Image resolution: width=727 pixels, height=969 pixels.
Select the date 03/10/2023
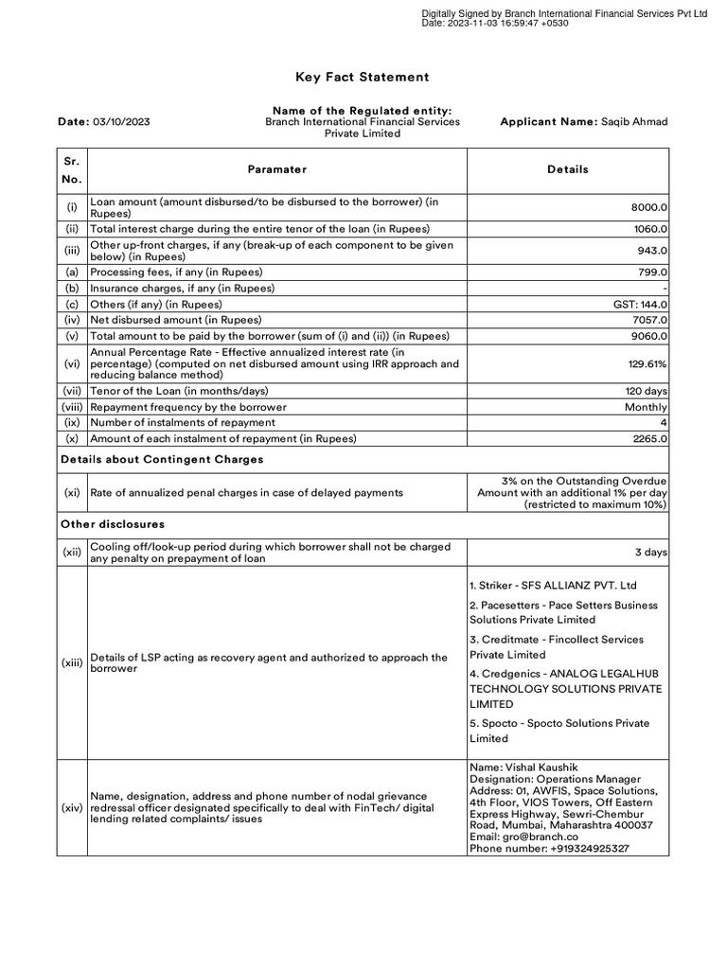[119, 122]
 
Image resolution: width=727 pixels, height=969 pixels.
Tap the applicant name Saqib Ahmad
[635, 122]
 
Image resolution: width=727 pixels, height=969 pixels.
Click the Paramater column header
[276, 169]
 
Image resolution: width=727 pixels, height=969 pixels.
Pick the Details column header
[567, 169]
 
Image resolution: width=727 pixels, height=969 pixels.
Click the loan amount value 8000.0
[649, 207]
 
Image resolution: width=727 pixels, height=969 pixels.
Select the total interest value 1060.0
[650, 229]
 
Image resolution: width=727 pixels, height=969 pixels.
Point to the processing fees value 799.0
[652, 272]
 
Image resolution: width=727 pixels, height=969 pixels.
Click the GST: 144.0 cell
[641, 305]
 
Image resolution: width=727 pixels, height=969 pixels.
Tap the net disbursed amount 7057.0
[650, 320]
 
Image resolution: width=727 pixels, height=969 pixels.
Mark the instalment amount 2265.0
[649, 438]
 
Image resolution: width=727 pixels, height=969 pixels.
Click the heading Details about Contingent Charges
[162, 459]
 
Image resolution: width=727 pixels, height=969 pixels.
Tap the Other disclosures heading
[113, 524]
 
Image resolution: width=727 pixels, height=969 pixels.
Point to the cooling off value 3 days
[650, 552]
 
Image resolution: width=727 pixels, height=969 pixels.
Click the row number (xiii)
[72, 663]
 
